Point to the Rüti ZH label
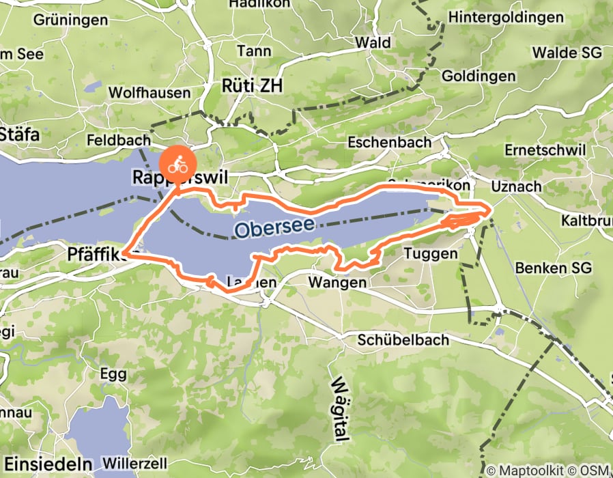tap(252, 85)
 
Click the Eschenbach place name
tap(389, 143)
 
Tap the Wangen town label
tap(339, 281)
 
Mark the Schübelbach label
tap(404, 339)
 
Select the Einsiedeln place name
tap(34, 459)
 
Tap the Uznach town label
tap(516, 186)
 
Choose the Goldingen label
tap(479, 76)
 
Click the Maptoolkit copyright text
tap(546, 470)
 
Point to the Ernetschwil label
tap(546, 150)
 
